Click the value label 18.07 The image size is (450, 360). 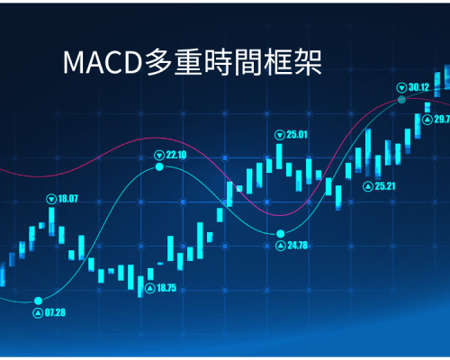67,199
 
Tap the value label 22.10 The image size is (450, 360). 176,155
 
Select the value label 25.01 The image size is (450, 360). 297,135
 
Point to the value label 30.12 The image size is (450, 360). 418,87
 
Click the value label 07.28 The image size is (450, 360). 55,312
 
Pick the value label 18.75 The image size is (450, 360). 166,288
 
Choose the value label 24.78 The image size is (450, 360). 298,246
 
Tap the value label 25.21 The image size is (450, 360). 385,186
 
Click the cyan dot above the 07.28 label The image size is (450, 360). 38,301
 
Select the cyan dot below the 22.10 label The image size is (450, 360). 159,166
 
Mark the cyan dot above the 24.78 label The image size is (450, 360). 281,233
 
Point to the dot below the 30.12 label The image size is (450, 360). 401,100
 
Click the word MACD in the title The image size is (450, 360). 103,62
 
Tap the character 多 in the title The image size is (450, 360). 158,62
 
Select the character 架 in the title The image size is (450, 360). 308,62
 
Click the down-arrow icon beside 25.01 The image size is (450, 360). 280,135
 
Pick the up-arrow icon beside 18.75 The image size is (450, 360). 150,288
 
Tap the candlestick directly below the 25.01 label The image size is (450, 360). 279,157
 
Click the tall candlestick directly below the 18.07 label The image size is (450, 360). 51,221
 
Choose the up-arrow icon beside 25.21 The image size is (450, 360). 368,186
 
